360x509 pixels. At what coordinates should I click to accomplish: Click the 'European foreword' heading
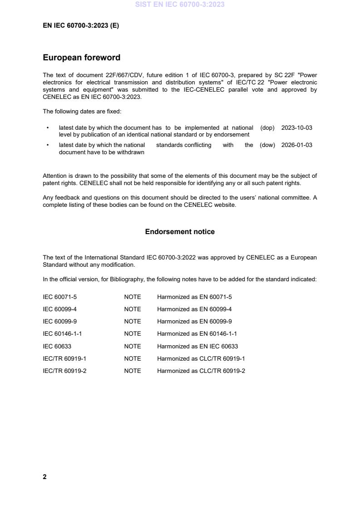[81, 58]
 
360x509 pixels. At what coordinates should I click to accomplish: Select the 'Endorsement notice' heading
[180, 232]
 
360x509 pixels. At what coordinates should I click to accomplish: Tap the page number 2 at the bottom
[44, 477]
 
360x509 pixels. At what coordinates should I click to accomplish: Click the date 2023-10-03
[296, 128]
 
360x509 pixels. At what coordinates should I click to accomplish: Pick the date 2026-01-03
[296, 145]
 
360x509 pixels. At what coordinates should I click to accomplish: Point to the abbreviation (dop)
[267, 128]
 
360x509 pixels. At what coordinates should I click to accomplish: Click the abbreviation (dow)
[267, 145]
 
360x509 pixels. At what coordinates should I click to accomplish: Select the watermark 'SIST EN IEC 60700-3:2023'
[180, 5]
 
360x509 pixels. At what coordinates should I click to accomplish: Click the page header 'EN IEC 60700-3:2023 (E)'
[81, 26]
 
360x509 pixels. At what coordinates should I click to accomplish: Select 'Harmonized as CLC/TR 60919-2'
[201, 371]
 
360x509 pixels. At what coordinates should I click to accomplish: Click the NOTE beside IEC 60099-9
[133, 322]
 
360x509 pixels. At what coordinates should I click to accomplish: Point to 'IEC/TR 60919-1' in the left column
[64, 358]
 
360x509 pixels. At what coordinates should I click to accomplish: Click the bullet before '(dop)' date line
[48, 128]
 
